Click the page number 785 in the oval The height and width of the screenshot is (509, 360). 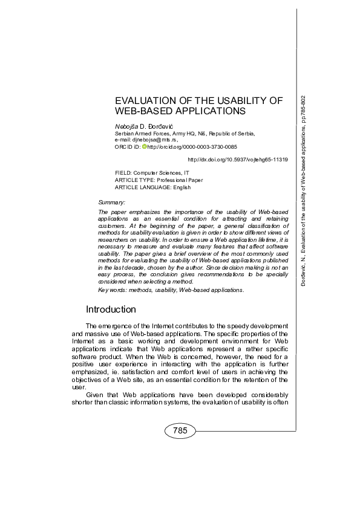(180, 431)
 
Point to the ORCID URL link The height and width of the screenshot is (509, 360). (192, 147)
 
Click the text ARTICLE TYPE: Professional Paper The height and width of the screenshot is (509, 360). (159, 180)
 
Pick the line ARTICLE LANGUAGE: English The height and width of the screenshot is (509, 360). (152, 187)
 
